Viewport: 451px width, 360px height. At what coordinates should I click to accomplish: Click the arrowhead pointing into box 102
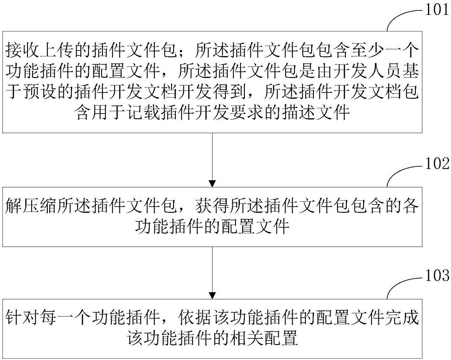[212, 184]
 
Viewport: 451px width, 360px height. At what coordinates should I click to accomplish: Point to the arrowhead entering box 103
[212, 295]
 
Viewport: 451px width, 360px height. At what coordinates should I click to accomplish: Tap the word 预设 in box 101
[39, 92]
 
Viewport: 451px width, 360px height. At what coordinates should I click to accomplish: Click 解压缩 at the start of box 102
[30, 206]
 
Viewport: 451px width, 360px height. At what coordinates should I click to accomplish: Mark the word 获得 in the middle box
[212, 206]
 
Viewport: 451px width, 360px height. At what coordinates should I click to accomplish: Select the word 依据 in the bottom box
[195, 318]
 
